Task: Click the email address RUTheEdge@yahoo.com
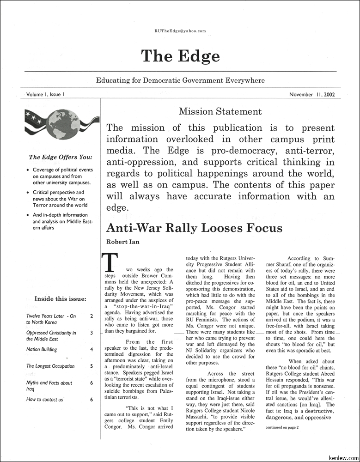(x=180, y=31)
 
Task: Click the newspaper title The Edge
(x=180, y=56)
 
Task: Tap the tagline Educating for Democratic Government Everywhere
(x=180, y=80)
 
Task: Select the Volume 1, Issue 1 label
(x=45, y=94)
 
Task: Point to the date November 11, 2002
(x=312, y=95)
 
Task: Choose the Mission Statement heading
(x=220, y=111)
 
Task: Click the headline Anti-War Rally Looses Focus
(x=194, y=228)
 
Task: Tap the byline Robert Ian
(x=122, y=242)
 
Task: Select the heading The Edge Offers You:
(x=61, y=157)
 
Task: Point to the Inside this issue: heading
(x=60, y=298)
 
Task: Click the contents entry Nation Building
(x=42, y=349)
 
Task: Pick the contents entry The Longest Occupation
(x=50, y=366)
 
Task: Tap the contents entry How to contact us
(x=45, y=399)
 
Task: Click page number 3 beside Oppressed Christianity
(x=92, y=333)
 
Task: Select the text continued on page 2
(x=282, y=427)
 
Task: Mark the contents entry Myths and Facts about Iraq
(x=49, y=386)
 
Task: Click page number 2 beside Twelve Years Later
(x=92, y=316)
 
